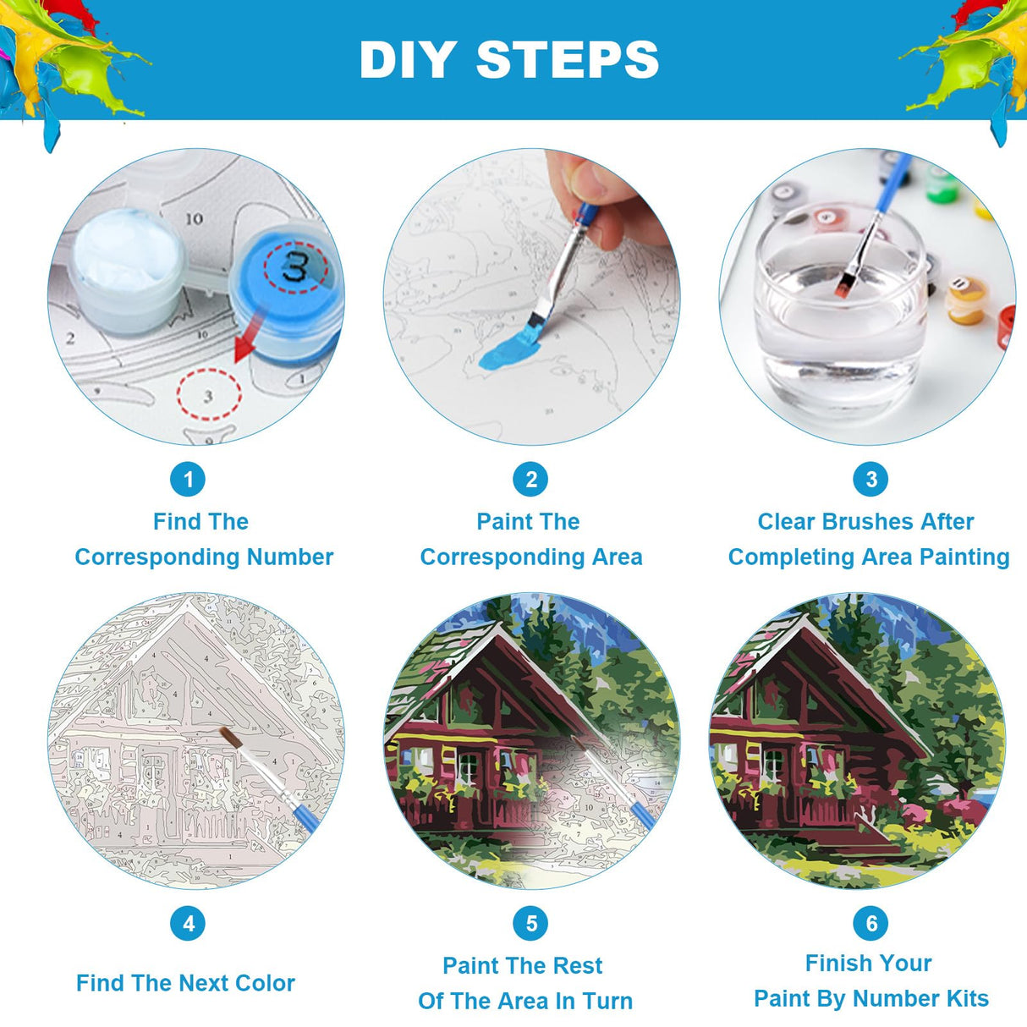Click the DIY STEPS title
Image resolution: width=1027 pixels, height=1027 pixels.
(x=509, y=59)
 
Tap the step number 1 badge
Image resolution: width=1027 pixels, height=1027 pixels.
(x=188, y=479)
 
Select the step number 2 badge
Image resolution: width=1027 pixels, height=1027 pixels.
(x=530, y=479)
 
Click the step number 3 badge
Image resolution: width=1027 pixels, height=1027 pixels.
(x=870, y=479)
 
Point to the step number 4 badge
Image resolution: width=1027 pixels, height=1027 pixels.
(x=188, y=924)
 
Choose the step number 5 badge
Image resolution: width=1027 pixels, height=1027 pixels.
(x=530, y=924)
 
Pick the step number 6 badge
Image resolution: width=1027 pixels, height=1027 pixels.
(x=870, y=924)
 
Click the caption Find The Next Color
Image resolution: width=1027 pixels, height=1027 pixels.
(x=185, y=983)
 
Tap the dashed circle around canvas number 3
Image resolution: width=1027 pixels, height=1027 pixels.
(x=209, y=394)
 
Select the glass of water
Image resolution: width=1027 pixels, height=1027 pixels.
(x=838, y=309)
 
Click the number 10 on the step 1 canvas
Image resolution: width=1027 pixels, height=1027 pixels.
(x=194, y=218)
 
